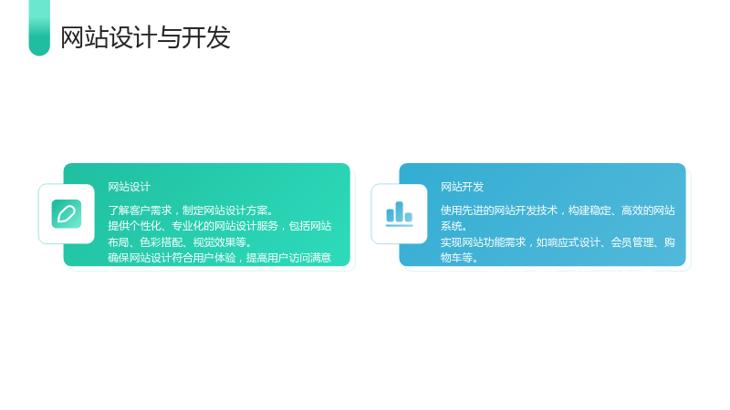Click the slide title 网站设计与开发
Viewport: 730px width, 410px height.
145,37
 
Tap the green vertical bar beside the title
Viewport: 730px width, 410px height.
39,27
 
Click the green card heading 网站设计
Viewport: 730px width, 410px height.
129,187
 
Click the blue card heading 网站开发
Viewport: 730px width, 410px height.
463,187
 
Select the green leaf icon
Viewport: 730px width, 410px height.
67,214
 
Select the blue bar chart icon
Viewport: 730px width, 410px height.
400,214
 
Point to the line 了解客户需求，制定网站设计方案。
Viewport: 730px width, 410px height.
191,210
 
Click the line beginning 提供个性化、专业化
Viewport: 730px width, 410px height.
220,226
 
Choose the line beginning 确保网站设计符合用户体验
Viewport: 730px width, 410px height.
220,258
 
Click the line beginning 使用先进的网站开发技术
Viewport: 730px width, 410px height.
558,210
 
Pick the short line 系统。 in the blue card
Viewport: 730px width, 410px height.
454,226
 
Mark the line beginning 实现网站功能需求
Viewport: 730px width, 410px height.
558,242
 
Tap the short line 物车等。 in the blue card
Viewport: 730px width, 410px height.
459,258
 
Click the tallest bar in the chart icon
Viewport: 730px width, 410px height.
399,211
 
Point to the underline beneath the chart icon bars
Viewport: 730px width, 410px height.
400,225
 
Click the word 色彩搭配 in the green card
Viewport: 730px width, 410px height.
162,242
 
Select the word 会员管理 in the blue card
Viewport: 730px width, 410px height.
632,242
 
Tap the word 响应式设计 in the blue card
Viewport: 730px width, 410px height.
574,242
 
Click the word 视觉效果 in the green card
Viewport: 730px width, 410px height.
214,242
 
